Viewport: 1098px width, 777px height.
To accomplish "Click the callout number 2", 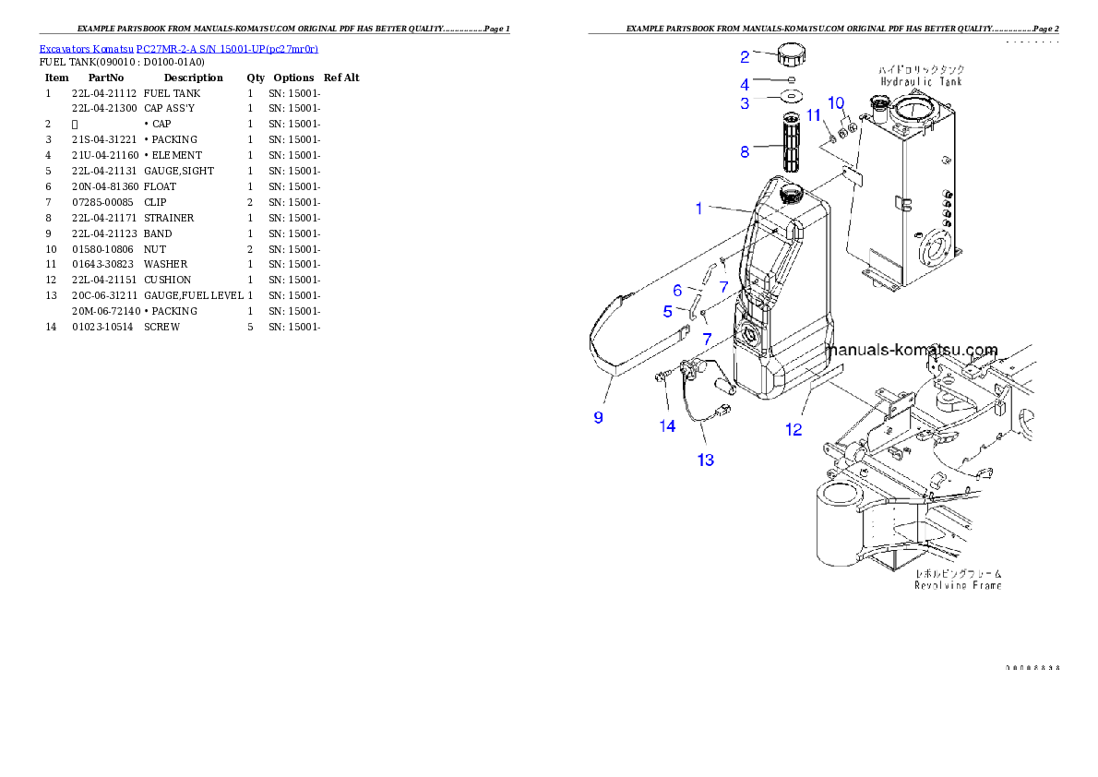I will tap(745, 56).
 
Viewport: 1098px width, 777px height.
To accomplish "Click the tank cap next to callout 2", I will tap(792, 54).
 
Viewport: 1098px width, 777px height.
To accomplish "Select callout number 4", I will tap(745, 82).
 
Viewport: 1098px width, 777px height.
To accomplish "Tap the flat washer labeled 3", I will tap(791, 96).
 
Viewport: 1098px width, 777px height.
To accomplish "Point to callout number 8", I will tap(745, 152).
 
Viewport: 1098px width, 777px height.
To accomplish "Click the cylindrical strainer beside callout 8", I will tap(791, 143).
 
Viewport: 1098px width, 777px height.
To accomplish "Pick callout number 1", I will tap(699, 209).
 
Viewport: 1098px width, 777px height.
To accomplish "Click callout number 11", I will tap(814, 114).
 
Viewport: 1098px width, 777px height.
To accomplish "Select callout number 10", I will tap(836, 102).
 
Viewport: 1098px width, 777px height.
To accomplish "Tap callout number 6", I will tap(677, 292).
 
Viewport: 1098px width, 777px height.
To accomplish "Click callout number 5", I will tap(668, 312).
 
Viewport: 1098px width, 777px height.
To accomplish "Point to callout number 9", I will tap(599, 417).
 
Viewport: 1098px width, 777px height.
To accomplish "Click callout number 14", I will tap(667, 425).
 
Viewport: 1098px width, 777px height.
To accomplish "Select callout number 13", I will tap(706, 460).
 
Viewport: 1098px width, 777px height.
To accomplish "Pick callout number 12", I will tap(794, 429).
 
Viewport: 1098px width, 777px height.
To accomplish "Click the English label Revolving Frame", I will tap(958, 585).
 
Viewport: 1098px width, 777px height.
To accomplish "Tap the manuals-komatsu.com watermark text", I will tap(913, 351).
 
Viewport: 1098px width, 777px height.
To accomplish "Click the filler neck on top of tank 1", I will tap(793, 195).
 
